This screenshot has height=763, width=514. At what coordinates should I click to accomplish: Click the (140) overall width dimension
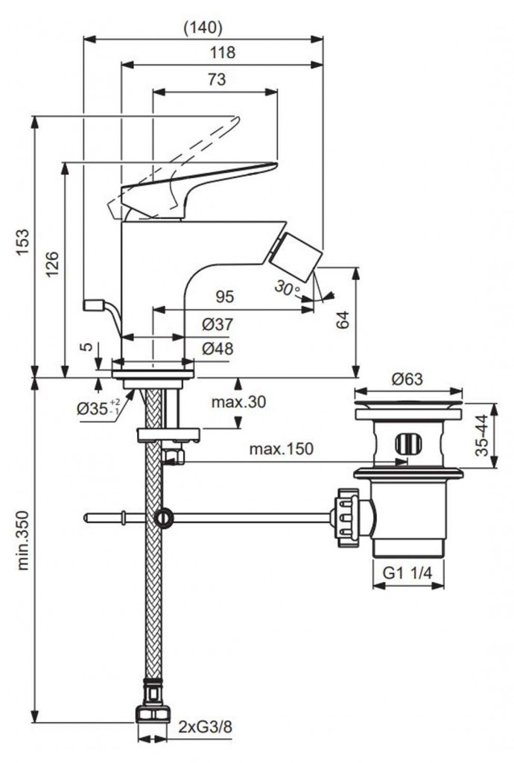coord(203,28)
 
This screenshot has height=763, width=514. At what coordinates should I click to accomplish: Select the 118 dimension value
coord(222,52)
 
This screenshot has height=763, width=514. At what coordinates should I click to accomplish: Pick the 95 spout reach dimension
coord(225,297)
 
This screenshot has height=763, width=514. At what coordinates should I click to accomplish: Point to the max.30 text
coord(238,402)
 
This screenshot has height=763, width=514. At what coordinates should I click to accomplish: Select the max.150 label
coord(282,449)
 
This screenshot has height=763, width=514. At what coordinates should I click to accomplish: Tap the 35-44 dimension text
coord(482,436)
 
